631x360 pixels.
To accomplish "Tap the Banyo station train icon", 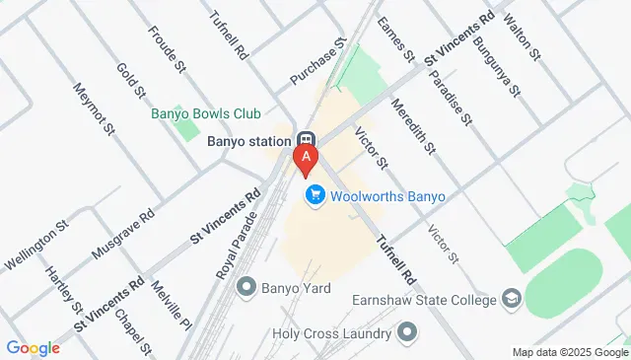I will pos(306,140).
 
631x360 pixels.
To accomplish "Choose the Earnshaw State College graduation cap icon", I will pos(511,298).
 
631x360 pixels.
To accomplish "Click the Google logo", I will pos(34,347).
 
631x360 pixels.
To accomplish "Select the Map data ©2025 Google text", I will pos(569,352).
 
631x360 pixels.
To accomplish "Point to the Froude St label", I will pos(168,48).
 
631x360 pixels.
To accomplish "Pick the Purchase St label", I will pos(319,61).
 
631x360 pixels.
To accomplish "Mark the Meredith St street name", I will pos(413,127).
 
